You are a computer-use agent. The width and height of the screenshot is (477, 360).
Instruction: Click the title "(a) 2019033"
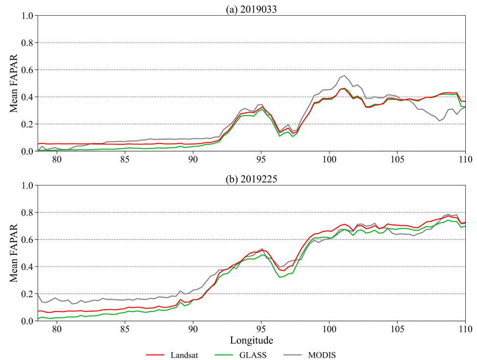pos(251,9)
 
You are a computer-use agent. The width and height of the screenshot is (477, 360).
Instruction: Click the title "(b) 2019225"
pos(251,179)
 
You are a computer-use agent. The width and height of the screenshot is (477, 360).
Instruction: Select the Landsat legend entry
pos(172,355)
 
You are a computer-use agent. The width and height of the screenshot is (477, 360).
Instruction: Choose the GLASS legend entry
pos(240,355)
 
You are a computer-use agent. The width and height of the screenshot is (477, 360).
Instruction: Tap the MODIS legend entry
pos(310,355)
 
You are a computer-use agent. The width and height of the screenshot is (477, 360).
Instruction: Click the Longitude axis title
pos(251,340)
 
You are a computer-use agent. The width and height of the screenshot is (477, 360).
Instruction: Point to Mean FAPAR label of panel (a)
pos(14,83)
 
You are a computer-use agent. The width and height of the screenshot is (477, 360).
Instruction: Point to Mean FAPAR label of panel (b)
pos(14,253)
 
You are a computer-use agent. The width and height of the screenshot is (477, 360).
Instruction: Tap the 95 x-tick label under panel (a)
pos(261,159)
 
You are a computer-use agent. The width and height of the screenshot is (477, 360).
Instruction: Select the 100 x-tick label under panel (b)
pos(329,329)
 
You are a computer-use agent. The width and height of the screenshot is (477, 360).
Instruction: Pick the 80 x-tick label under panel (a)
pos(57,159)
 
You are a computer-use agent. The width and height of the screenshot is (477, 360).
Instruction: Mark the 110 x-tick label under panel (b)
pos(465,329)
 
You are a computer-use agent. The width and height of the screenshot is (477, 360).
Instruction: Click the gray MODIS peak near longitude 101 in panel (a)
pos(344,75)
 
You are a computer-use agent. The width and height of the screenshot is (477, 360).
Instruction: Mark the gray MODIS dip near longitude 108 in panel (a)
pos(440,121)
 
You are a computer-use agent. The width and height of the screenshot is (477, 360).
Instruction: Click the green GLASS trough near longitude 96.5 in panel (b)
pos(280,277)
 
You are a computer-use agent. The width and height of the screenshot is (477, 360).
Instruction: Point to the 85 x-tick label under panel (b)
pos(125,329)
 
